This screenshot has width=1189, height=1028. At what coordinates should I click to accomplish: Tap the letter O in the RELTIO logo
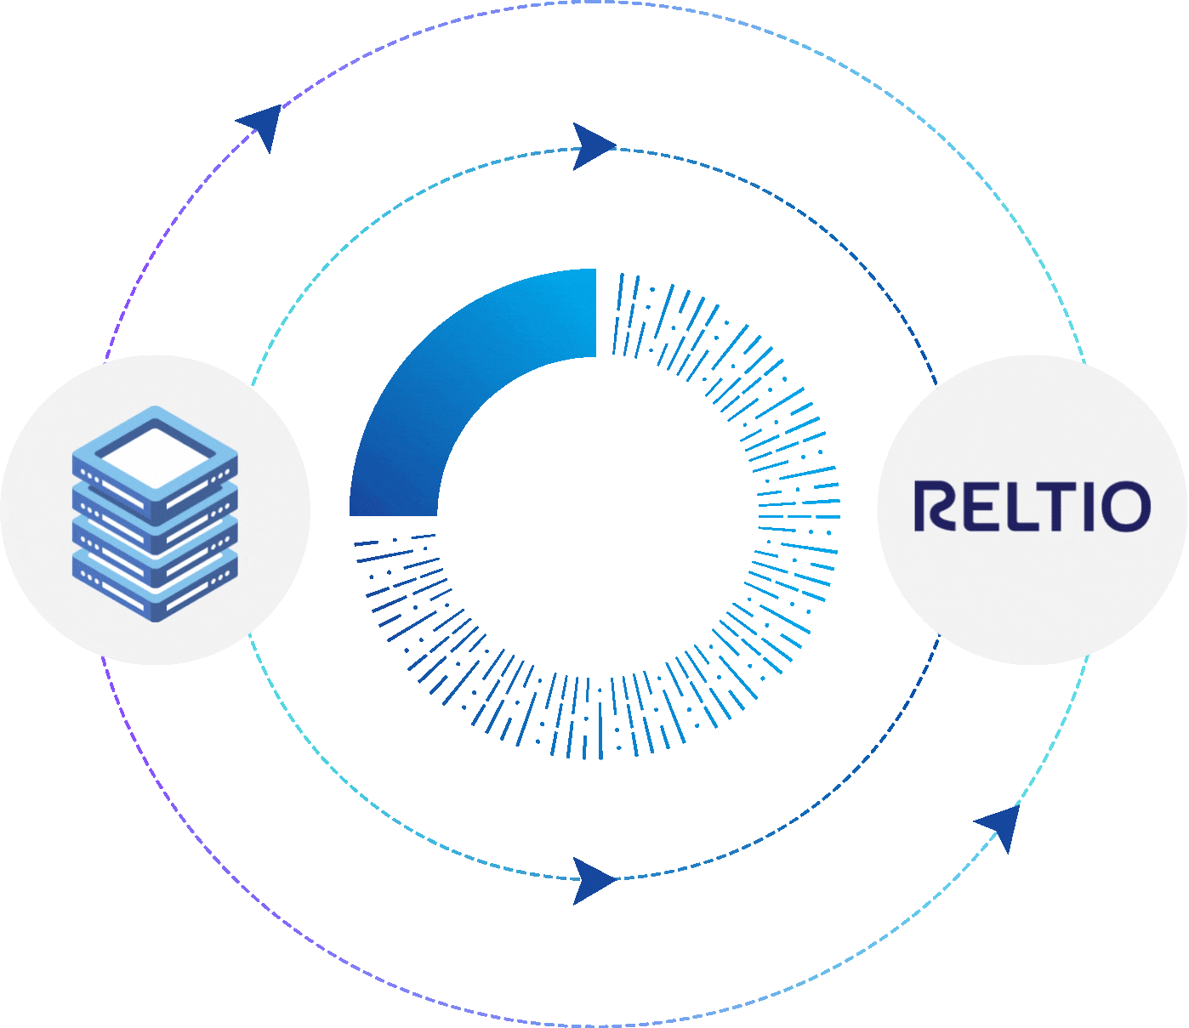[1125, 507]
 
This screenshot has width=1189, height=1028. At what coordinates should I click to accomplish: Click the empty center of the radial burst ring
[595, 514]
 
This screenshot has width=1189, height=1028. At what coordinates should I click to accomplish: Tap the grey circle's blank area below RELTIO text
[1032, 595]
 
